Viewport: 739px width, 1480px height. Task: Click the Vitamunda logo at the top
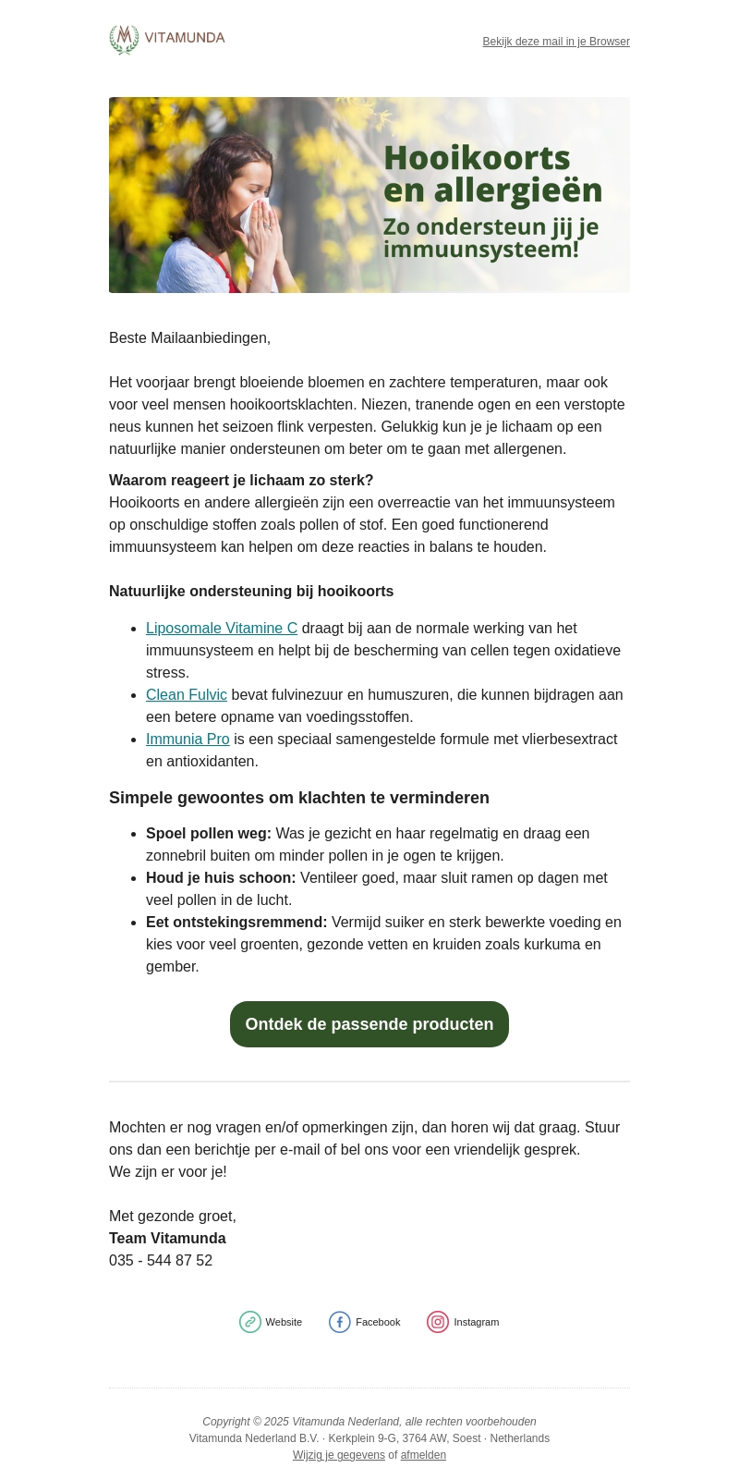pyautogui.click(x=167, y=40)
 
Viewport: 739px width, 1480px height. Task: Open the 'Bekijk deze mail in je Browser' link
pyautogui.click(x=556, y=42)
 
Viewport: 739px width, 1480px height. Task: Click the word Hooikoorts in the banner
pyautogui.click(x=477, y=157)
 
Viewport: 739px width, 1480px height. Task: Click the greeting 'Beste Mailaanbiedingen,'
pyautogui.click(x=189, y=338)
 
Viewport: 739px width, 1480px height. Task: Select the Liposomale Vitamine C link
pyautogui.click(x=222, y=629)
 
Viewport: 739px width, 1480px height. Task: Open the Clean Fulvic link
pyautogui.click(x=187, y=695)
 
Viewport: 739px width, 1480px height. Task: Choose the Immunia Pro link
pyautogui.click(x=188, y=740)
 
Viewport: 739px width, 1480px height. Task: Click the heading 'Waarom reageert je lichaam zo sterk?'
pyautogui.click(x=241, y=481)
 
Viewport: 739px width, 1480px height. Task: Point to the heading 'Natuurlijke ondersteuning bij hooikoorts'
pyautogui.click(x=251, y=592)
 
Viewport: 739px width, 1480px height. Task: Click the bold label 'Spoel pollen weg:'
pyautogui.click(x=209, y=834)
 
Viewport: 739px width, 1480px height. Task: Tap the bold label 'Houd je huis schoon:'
pyautogui.click(x=221, y=878)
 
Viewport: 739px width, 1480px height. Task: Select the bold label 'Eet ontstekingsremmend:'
pyautogui.click(x=236, y=923)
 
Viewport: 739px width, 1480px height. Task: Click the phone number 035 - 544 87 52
pyautogui.click(x=161, y=1261)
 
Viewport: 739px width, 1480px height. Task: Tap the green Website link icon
pyautogui.click(x=250, y=1322)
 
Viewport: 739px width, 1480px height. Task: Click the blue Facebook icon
pyautogui.click(x=340, y=1322)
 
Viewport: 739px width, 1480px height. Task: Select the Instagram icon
pyautogui.click(x=438, y=1322)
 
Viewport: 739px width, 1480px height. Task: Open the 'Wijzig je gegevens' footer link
pyautogui.click(x=339, y=1455)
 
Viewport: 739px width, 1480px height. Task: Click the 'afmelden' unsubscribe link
pyautogui.click(x=423, y=1455)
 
